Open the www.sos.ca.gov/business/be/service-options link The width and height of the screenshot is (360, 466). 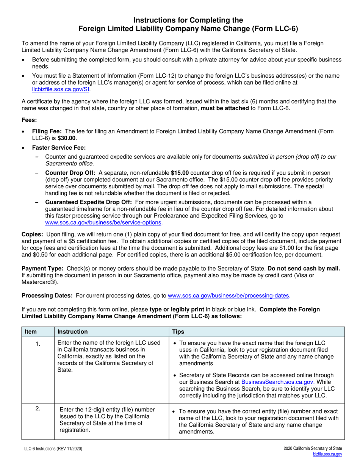point(103,223)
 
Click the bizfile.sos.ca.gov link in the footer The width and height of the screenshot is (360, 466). point(327,454)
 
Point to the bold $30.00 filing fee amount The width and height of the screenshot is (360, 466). point(67,138)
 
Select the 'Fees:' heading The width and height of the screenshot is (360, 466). point(29,120)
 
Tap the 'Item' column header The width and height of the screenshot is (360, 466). point(31,332)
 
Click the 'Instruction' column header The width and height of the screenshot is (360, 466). point(72,332)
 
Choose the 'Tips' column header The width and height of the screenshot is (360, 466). point(178,332)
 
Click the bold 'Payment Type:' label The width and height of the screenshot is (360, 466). point(42,269)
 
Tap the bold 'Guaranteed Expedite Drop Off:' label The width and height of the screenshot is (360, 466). point(88,202)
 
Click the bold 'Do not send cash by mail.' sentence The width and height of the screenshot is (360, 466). point(304,269)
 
